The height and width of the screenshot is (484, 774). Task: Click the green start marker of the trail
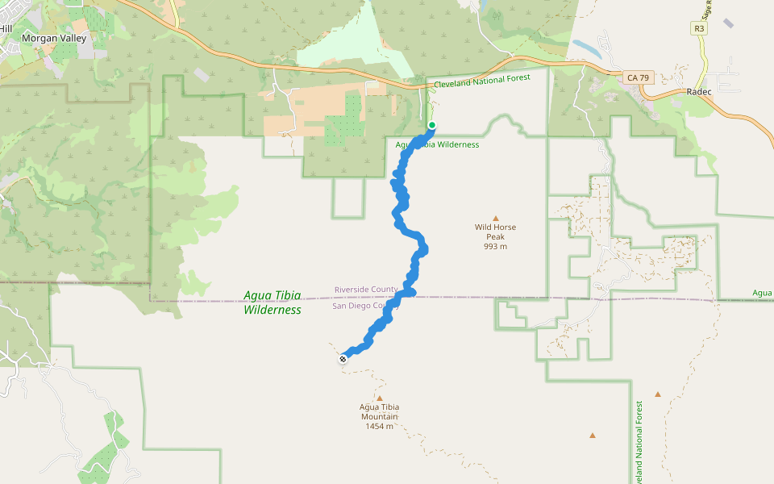[x=432, y=125]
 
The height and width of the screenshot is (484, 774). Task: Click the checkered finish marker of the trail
[x=343, y=359]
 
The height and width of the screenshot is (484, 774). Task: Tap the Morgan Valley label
[x=53, y=38]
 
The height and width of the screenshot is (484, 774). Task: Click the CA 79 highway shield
[x=636, y=78]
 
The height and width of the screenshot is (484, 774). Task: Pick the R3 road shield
[x=699, y=28]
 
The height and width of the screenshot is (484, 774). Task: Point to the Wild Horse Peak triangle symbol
[x=496, y=218]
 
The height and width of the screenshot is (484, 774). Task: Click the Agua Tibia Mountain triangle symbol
[x=379, y=398]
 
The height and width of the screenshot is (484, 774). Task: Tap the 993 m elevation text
[x=495, y=247]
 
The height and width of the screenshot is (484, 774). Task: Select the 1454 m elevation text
[x=379, y=426]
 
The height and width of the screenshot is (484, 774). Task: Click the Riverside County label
[x=366, y=290]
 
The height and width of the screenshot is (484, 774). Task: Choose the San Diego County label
[x=366, y=306]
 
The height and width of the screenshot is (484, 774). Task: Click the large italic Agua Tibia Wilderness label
[x=273, y=302]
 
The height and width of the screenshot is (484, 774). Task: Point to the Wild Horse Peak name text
[x=495, y=232]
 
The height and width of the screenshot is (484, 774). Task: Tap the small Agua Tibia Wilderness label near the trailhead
[x=438, y=145]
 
